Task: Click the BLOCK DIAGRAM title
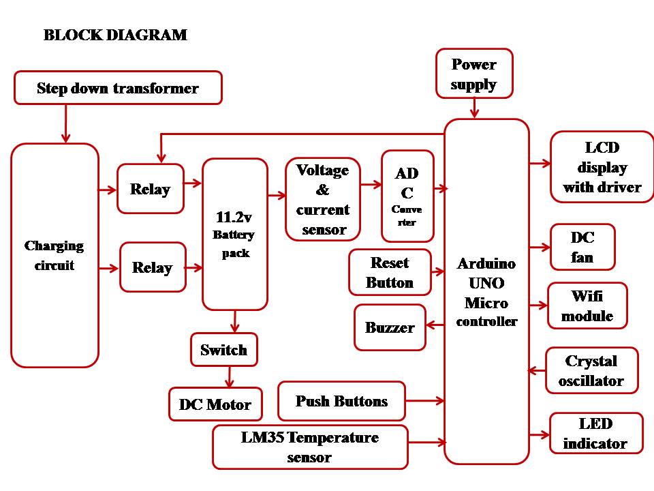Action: point(115,35)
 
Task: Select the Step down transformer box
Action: point(118,88)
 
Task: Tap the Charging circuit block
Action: point(54,256)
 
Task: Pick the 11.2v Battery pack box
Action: point(235,235)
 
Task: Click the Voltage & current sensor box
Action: point(323,200)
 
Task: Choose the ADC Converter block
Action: point(407,196)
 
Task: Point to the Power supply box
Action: point(474,74)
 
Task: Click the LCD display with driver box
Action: point(602,168)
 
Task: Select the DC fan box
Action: point(582,248)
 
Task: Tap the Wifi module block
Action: point(587,306)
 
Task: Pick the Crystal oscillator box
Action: point(591,371)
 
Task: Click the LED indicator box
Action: point(595,434)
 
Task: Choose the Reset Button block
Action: point(390,273)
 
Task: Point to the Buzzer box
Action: point(390,327)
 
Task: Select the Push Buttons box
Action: point(341,401)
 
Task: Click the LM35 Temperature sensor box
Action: point(310,447)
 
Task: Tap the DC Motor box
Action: point(215,404)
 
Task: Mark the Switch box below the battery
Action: point(223,351)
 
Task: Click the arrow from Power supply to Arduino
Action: point(475,108)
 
